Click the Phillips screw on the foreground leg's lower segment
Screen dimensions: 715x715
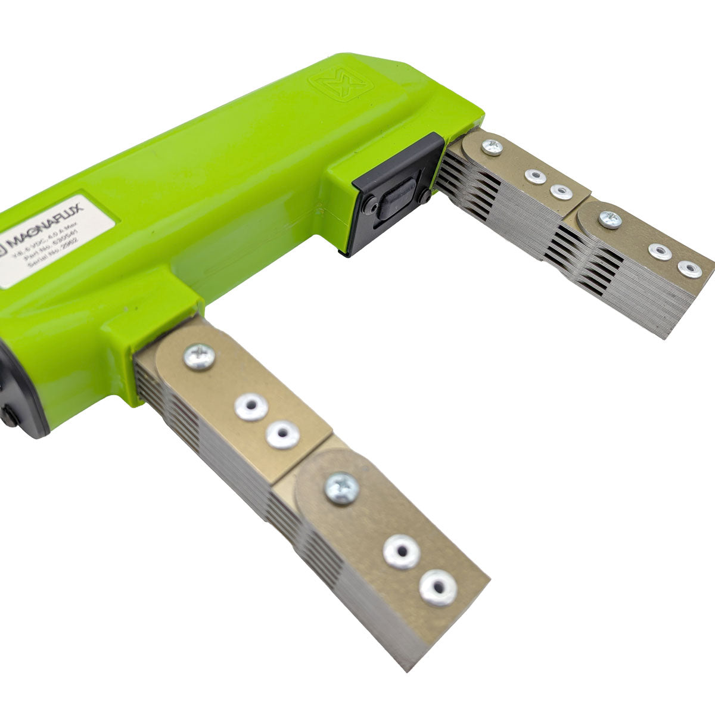[341, 488]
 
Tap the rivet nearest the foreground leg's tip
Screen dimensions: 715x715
[439, 587]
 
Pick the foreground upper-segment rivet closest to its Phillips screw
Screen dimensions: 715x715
[251, 407]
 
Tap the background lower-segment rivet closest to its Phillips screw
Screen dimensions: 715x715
[660, 251]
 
